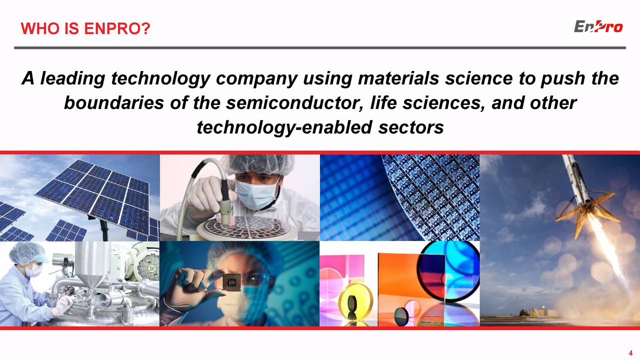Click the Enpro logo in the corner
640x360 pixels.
click(x=598, y=26)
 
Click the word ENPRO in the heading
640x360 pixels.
click(x=117, y=29)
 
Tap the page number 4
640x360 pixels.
click(x=630, y=352)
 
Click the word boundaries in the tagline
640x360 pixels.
click(x=110, y=103)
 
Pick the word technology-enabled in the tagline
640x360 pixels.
click(x=283, y=127)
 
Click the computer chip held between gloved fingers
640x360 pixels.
click(x=231, y=282)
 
